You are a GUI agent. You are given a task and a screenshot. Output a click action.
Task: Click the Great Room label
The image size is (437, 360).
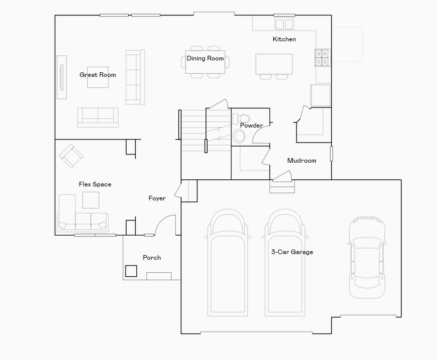tap(98, 75)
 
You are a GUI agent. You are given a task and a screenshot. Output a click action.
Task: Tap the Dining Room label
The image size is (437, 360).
tap(205, 58)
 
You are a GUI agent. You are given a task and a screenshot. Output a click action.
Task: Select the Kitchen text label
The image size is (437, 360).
tap(284, 39)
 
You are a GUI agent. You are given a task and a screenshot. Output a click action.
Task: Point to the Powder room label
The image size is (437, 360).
tap(251, 126)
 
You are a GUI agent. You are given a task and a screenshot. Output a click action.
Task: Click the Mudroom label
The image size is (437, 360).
tap(301, 161)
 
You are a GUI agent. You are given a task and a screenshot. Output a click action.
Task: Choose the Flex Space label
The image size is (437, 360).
tap(95, 184)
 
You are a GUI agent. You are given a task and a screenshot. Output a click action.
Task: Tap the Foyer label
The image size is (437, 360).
tap(157, 198)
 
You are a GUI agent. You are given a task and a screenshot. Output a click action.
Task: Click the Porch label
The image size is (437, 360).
tap(152, 258)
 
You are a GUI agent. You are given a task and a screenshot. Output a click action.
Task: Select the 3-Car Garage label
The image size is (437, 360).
tap(292, 252)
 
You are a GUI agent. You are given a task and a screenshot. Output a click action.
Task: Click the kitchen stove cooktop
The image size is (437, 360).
tap(322, 57)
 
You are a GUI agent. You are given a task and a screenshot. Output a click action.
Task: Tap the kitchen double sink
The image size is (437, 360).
tap(284, 24)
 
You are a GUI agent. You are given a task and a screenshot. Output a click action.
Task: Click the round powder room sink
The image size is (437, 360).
tap(240, 136)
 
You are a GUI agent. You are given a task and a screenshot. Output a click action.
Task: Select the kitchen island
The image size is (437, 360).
tap(274, 64)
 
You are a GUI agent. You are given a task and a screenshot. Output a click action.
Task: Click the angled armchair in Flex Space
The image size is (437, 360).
tap(71, 155)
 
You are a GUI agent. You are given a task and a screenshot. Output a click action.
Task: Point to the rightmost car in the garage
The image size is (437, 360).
tap(367, 257)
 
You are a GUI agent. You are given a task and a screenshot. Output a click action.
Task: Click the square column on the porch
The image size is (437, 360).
tap(131, 271)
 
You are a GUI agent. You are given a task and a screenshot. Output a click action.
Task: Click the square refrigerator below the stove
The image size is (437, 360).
tap(320, 95)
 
